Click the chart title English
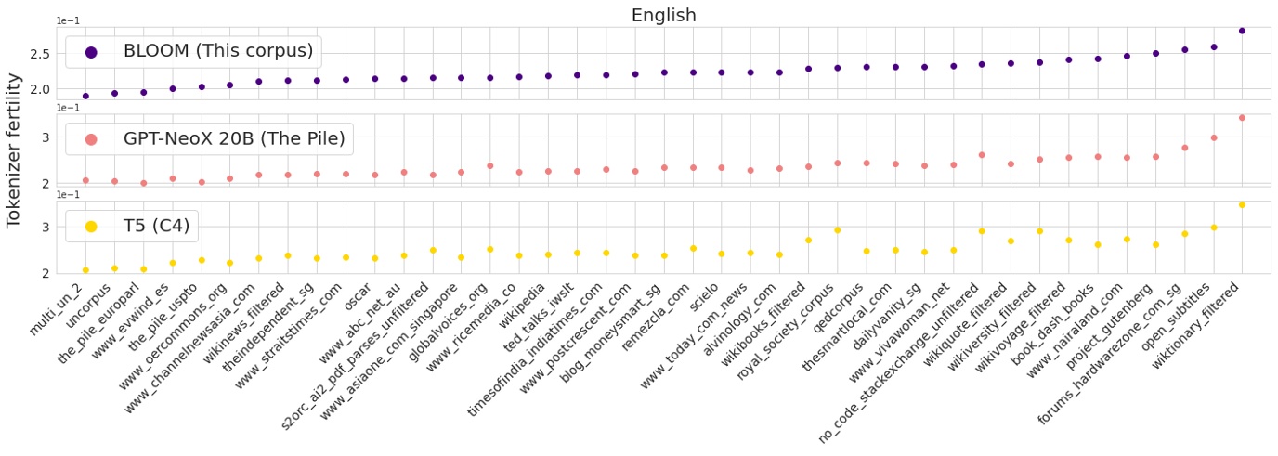663,15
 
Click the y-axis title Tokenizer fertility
14,166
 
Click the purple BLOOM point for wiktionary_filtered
1242,31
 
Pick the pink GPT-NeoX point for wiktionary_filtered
1242,118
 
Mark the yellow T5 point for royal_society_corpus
837,230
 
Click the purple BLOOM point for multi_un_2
85,96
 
